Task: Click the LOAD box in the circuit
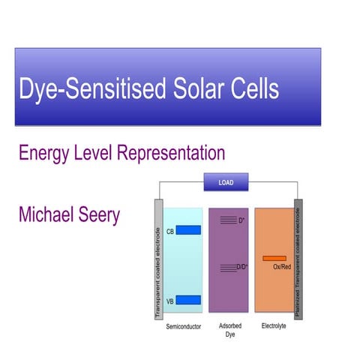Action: pos(226,182)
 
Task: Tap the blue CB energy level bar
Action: pos(188,230)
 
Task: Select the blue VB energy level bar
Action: pos(188,300)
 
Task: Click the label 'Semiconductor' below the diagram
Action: pos(184,328)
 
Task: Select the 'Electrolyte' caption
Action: pos(274,328)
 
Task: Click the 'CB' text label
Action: pos(171,231)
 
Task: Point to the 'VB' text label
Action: pos(170,301)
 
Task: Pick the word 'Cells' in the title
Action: pos(253,89)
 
